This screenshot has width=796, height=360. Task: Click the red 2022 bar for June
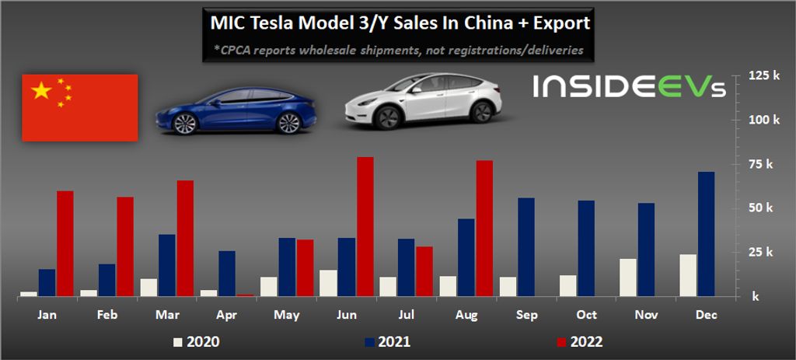[x=365, y=226]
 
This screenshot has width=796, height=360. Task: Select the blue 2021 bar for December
[x=706, y=234]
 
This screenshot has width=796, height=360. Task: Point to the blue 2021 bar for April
[x=227, y=273]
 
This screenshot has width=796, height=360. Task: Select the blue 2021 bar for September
[x=526, y=247]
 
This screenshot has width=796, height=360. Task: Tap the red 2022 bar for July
[x=424, y=271]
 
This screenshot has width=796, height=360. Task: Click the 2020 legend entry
[x=196, y=341]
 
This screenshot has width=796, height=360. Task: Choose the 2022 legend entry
[x=580, y=341]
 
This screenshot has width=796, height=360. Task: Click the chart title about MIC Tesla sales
[x=400, y=23]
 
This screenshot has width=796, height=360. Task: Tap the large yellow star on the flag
[x=40, y=92]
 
